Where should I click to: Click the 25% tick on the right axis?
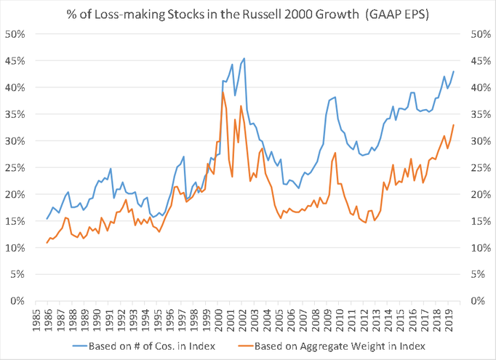point(480,168)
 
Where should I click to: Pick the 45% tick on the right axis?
point(480,61)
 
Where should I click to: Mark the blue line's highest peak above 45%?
point(244,58)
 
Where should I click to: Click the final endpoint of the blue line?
point(454,71)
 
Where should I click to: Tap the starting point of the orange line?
point(47,243)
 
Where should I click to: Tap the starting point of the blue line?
point(47,219)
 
